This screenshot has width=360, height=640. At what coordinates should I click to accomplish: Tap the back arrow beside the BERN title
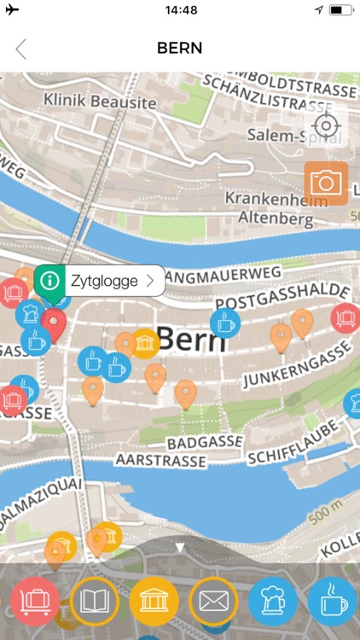click(x=21, y=49)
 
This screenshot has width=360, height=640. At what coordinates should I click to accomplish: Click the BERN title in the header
click(x=180, y=49)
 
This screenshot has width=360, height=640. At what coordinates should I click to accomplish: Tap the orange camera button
click(x=326, y=183)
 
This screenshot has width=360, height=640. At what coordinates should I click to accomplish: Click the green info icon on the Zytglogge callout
click(x=51, y=280)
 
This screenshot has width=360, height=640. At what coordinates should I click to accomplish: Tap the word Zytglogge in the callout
click(x=104, y=280)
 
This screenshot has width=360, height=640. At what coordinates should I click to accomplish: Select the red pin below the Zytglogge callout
click(x=55, y=324)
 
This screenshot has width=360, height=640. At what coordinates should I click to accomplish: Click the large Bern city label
click(x=192, y=339)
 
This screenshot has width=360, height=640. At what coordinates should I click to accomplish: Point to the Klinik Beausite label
click(x=100, y=102)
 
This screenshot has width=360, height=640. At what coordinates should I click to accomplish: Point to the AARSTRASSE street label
click(x=163, y=461)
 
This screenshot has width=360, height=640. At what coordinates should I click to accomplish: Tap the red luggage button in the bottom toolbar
click(x=35, y=601)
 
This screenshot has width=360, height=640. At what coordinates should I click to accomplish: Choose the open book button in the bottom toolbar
click(x=94, y=601)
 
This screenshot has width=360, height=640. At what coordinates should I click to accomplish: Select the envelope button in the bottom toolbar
click(x=213, y=601)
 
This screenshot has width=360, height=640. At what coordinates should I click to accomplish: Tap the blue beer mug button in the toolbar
click(x=273, y=601)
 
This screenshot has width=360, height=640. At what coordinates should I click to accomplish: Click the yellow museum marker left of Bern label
click(x=145, y=343)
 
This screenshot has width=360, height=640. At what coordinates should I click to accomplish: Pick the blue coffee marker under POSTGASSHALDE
click(x=225, y=323)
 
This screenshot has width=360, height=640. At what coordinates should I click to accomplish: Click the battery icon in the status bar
click(x=340, y=10)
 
